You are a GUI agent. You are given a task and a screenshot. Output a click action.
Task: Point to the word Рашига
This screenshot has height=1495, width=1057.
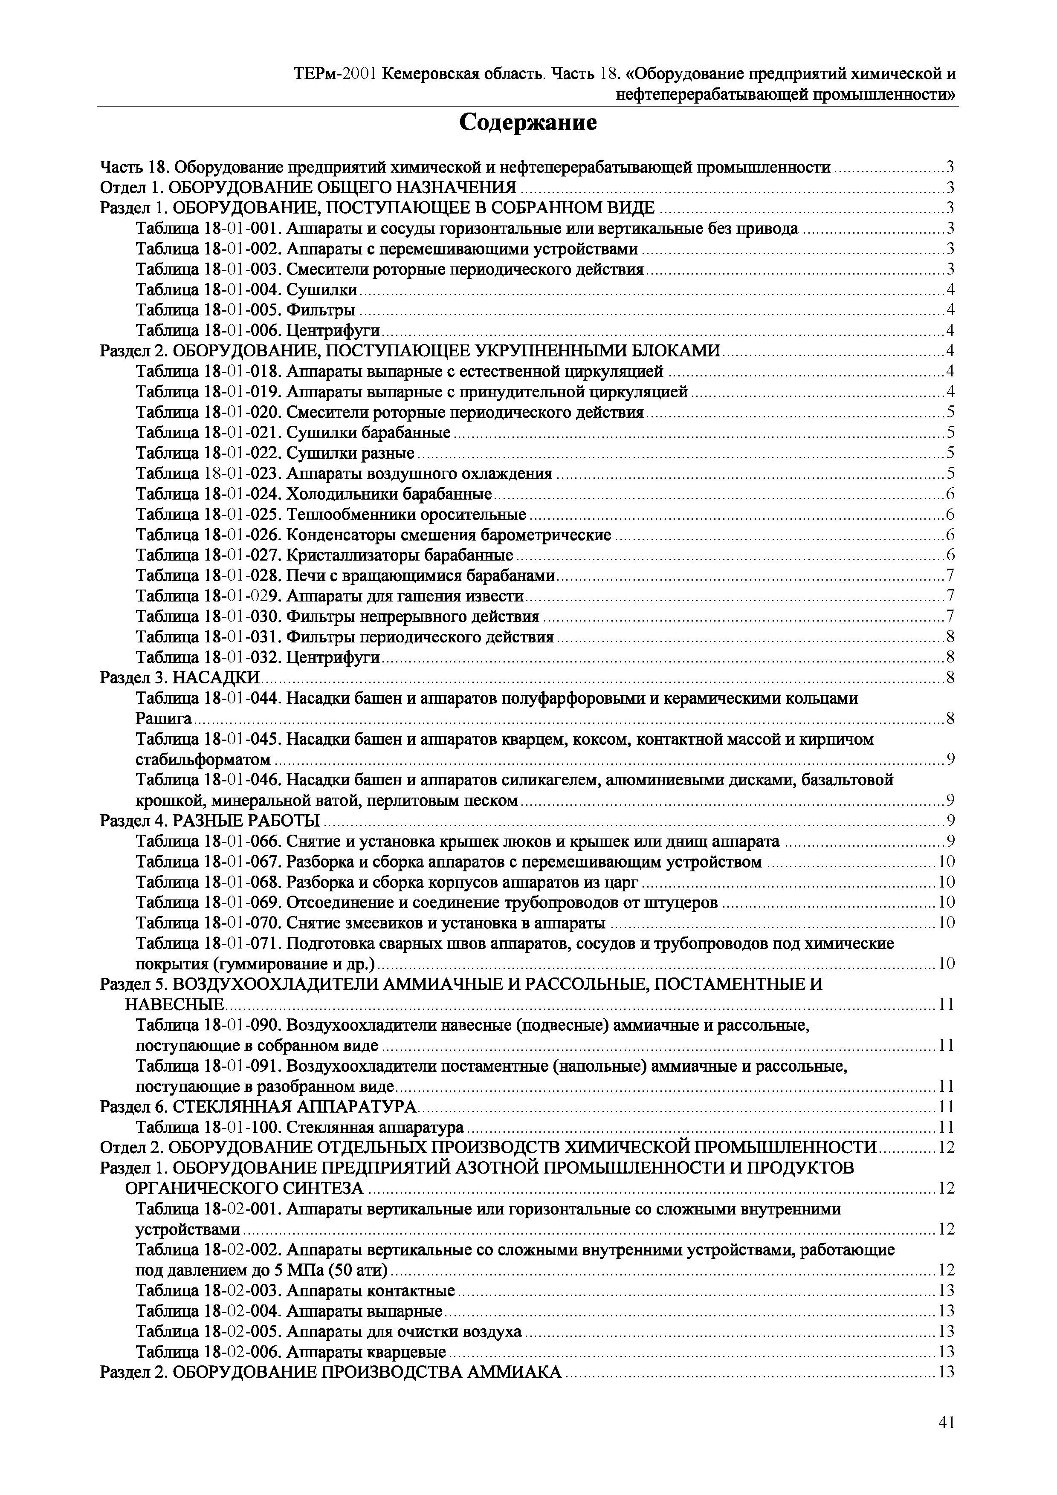[163, 719]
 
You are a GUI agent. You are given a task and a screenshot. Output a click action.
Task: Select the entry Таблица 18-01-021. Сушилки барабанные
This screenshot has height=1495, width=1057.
[293, 432]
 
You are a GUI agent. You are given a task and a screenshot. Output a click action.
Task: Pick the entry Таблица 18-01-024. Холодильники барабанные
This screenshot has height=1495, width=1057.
[314, 494]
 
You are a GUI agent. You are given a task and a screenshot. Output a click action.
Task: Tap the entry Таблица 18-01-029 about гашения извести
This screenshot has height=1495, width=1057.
[330, 596]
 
